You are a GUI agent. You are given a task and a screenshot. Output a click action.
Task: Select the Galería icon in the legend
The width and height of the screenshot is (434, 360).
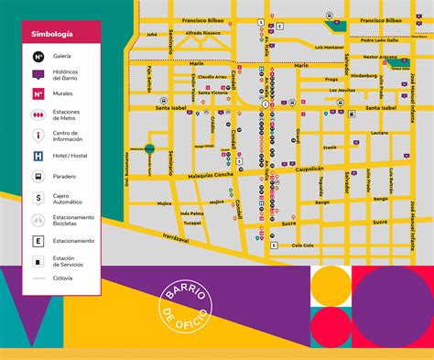click(x=38, y=56)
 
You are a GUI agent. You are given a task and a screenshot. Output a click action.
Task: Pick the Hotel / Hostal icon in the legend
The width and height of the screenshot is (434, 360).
click(x=38, y=157)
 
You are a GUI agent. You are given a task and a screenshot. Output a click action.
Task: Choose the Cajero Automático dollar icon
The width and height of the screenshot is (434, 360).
click(x=38, y=197)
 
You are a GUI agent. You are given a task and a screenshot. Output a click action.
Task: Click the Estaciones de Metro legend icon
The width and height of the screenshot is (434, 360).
click(x=38, y=115)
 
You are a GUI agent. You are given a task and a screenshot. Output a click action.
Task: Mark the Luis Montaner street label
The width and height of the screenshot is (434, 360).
click(x=329, y=46)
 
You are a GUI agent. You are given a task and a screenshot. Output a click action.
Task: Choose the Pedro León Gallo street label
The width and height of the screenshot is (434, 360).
click(x=378, y=40)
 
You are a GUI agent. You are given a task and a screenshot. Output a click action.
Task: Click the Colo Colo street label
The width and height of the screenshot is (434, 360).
click(x=303, y=245)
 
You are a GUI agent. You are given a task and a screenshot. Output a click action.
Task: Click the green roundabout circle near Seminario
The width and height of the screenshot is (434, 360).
click(x=148, y=148)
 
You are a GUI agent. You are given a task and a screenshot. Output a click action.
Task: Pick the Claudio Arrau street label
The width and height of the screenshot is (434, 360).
click(x=212, y=77)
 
